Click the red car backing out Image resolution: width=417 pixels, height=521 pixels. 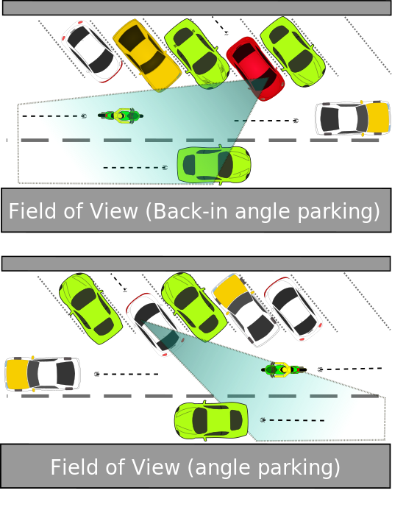point(255,68)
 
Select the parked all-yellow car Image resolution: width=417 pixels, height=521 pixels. point(147,55)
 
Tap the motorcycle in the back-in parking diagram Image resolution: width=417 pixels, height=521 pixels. point(121,116)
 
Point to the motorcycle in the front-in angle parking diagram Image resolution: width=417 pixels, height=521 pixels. point(284,369)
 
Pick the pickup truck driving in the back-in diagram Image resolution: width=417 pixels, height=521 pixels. point(352,118)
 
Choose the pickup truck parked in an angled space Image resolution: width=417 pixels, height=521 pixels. point(246,311)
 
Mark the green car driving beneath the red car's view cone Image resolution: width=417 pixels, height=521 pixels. point(214,165)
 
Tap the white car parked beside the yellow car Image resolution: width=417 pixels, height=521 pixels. point(92,52)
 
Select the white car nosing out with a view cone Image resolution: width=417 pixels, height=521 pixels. point(155,325)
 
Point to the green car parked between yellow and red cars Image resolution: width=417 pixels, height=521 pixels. point(196,54)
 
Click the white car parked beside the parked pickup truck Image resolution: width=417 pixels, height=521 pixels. point(293,308)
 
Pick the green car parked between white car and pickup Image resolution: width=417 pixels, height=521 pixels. point(194,307)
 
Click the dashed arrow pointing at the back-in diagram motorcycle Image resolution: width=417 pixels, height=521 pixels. point(54,116)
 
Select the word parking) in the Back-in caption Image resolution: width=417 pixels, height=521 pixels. point(338,212)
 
